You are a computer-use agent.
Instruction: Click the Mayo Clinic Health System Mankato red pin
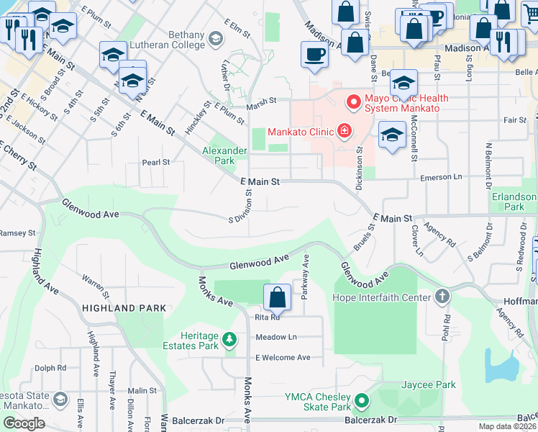pos(353,103)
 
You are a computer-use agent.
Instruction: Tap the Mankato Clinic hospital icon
pos(345,131)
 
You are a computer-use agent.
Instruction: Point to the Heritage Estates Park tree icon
pos(229,338)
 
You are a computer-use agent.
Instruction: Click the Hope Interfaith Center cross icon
pos(442,297)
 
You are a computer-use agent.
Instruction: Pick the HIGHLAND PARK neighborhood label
pos(124,308)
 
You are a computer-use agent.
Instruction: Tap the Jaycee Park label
pos(429,384)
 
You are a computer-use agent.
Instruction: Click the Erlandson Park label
pos(514,202)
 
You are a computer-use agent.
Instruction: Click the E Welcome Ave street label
pos(282,357)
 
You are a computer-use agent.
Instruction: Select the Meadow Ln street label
pos(276,337)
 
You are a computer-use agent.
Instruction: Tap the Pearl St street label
pos(155,163)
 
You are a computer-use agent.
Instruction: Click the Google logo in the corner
pos(24,423)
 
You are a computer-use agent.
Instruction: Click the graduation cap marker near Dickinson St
pos(392,135)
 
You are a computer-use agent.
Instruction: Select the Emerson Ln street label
pos(439,176)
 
